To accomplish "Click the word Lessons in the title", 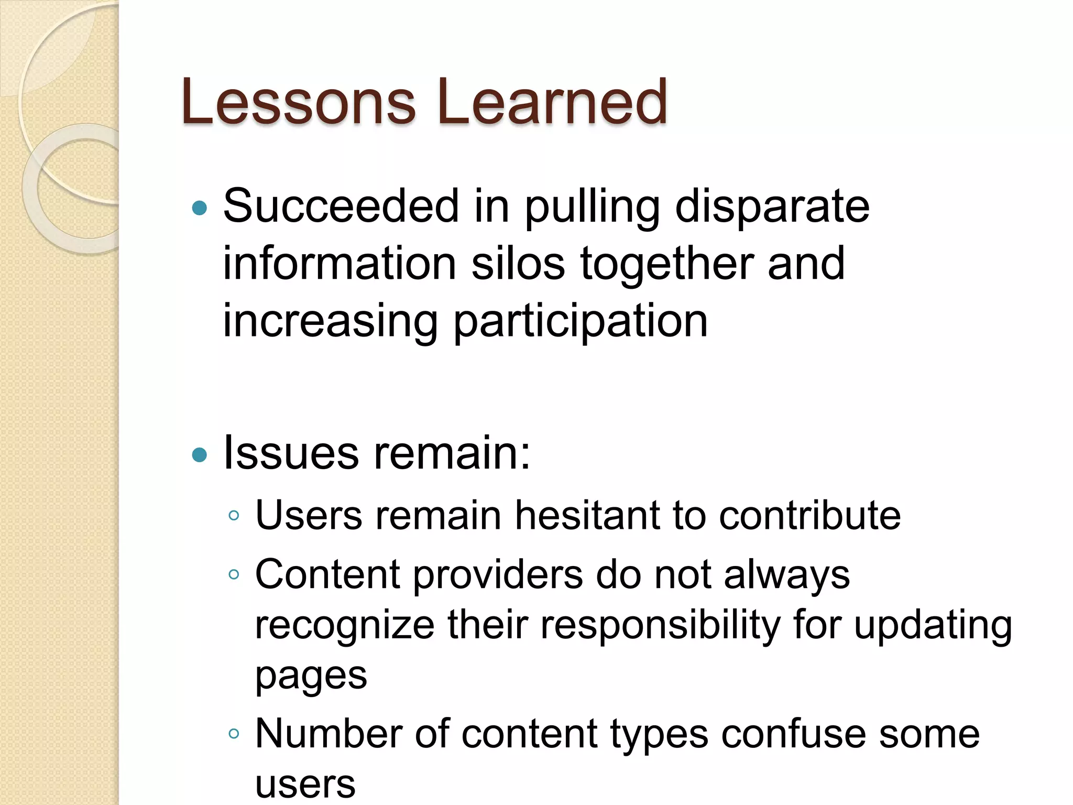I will tap(298, 102).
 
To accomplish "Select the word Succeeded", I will tap(341, 206).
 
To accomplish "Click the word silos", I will tap(518, 263).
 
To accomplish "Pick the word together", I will tap(667, 264).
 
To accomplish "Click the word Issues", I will tap(291, 453).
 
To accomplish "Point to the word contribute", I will tap(809, 516).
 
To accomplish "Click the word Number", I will tap(328, 734).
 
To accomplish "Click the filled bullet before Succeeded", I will tap(200, 209).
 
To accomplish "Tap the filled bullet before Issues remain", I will tap(200, 454).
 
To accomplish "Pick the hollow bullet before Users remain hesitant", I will tap(234, 516).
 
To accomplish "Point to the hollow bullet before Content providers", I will tap(234, 574).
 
